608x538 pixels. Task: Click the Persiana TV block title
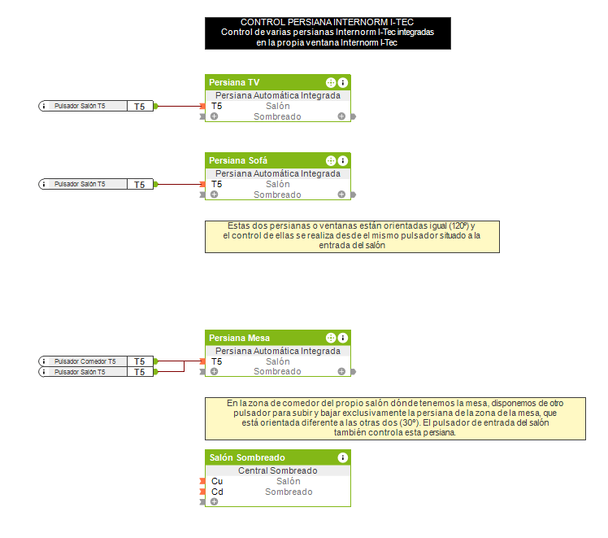click(235, 82)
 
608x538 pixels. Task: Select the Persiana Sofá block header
click(238, 160)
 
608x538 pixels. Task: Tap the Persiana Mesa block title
click(240, 338)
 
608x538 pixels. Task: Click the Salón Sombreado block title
click(247, 457)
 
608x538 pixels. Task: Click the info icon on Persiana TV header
click(343, 82)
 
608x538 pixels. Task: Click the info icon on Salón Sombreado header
click(343, 457)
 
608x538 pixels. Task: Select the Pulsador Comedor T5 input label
click(85, 361)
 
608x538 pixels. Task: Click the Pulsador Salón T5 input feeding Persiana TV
click(80, 106)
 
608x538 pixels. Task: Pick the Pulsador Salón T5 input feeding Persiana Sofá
click(80, 184)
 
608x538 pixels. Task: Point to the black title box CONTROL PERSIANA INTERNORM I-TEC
click(328, 33)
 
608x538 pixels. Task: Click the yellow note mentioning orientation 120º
click(352, 236)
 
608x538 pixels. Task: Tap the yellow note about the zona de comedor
click(395, 418)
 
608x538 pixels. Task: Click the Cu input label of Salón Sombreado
click(217, 481)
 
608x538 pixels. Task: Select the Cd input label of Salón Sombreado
click(217, 492)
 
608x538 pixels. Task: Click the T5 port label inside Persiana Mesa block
click(217, 361)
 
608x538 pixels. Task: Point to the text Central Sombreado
click(277, 470)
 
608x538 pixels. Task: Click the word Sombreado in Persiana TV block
click(277, 116)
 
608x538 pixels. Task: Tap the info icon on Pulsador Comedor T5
click(44, 361)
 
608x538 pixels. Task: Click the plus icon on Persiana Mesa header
click(331, 338)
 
